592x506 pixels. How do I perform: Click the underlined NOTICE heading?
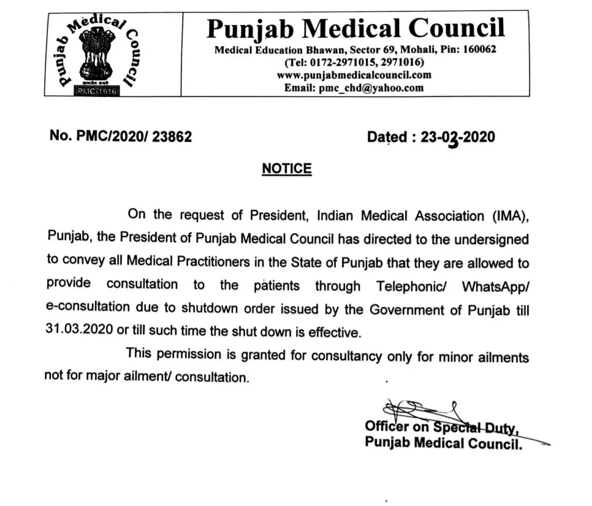[287, 169]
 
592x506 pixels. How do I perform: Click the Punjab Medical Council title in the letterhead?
[355, 28]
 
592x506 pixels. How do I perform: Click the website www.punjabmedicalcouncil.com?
[354, 75]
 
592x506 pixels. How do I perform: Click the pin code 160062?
[480, 50]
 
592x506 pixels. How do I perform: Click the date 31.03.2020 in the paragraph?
[78, 332]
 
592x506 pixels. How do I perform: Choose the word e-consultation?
[88, 309]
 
